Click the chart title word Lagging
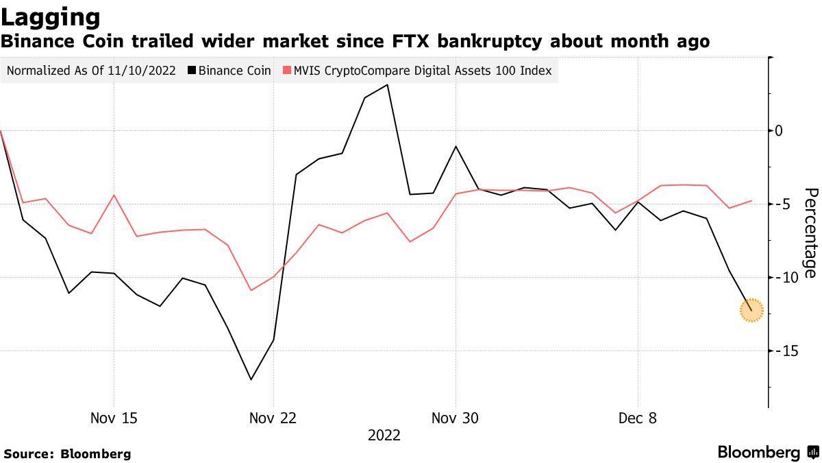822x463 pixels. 51,16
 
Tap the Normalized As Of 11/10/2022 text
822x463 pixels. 91,71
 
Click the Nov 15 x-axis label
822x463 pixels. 113,418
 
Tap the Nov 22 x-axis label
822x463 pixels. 273,418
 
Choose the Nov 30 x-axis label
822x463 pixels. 456,418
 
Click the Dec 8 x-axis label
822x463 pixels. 638,418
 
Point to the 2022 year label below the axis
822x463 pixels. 384,436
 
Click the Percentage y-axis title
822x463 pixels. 810,233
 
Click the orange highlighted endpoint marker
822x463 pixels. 751,310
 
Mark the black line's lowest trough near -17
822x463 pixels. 251,379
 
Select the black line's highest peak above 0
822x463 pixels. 388,85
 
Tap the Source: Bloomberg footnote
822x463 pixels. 67,453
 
